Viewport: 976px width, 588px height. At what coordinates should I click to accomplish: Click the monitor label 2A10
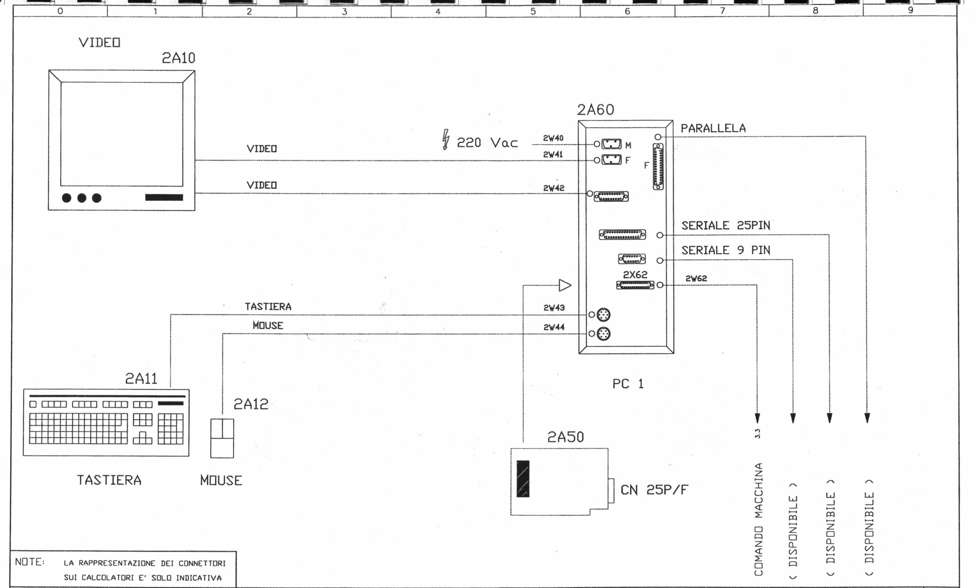[x=178, y=58]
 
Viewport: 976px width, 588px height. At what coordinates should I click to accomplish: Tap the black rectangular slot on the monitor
[x=164, y=197]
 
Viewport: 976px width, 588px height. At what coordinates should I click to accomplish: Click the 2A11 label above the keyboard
[x=141, y=379]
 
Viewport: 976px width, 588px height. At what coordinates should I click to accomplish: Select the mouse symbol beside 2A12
[x=222, y=438]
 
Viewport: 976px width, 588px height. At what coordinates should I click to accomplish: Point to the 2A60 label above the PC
[x=595, y=110]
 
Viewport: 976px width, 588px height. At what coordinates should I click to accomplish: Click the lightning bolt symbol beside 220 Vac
[x=446, y=139]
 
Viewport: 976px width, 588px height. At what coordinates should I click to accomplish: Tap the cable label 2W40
[x=553, y=138]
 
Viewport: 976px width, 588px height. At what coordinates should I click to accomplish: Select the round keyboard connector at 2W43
[x=603, y=315]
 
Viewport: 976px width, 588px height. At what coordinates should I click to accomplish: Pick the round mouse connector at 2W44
[x=603, y=334]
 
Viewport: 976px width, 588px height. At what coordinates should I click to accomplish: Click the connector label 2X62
[x=635, y=274]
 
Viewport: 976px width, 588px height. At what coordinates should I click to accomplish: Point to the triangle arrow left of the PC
[x=565, y=285]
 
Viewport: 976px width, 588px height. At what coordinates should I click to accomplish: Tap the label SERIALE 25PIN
[x=726, y=226]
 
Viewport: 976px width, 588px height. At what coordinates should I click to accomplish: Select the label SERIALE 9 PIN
[x=726, y=250]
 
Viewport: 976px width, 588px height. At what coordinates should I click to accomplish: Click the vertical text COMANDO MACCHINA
[x=758, y=519]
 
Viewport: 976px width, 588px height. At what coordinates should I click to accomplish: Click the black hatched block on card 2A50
[x=523, y=479]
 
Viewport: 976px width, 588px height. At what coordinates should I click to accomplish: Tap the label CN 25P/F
[x=654, y=490]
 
